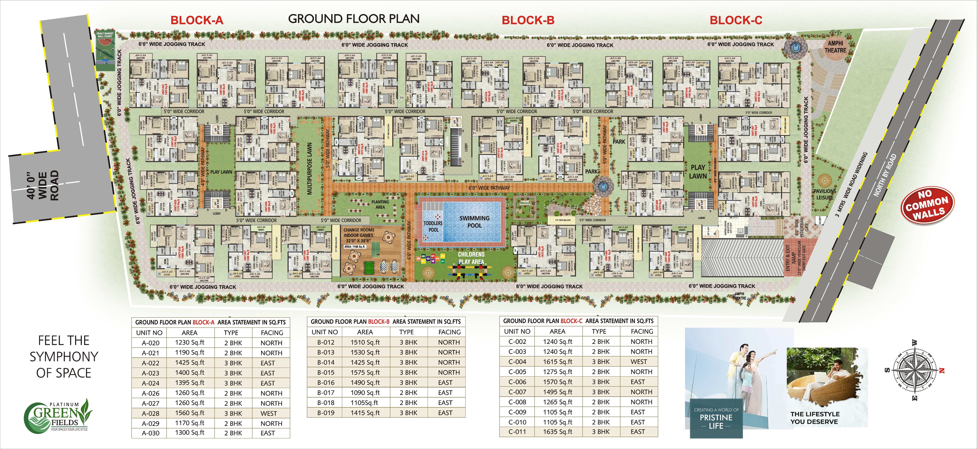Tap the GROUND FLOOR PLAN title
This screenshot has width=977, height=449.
click(354, 19)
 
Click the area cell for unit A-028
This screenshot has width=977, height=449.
click(190, 413)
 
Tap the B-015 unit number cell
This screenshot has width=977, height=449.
click(326, 372)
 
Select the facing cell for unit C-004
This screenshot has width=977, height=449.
click(639, 362)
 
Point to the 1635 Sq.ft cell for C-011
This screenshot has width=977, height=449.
click(557, 432)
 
